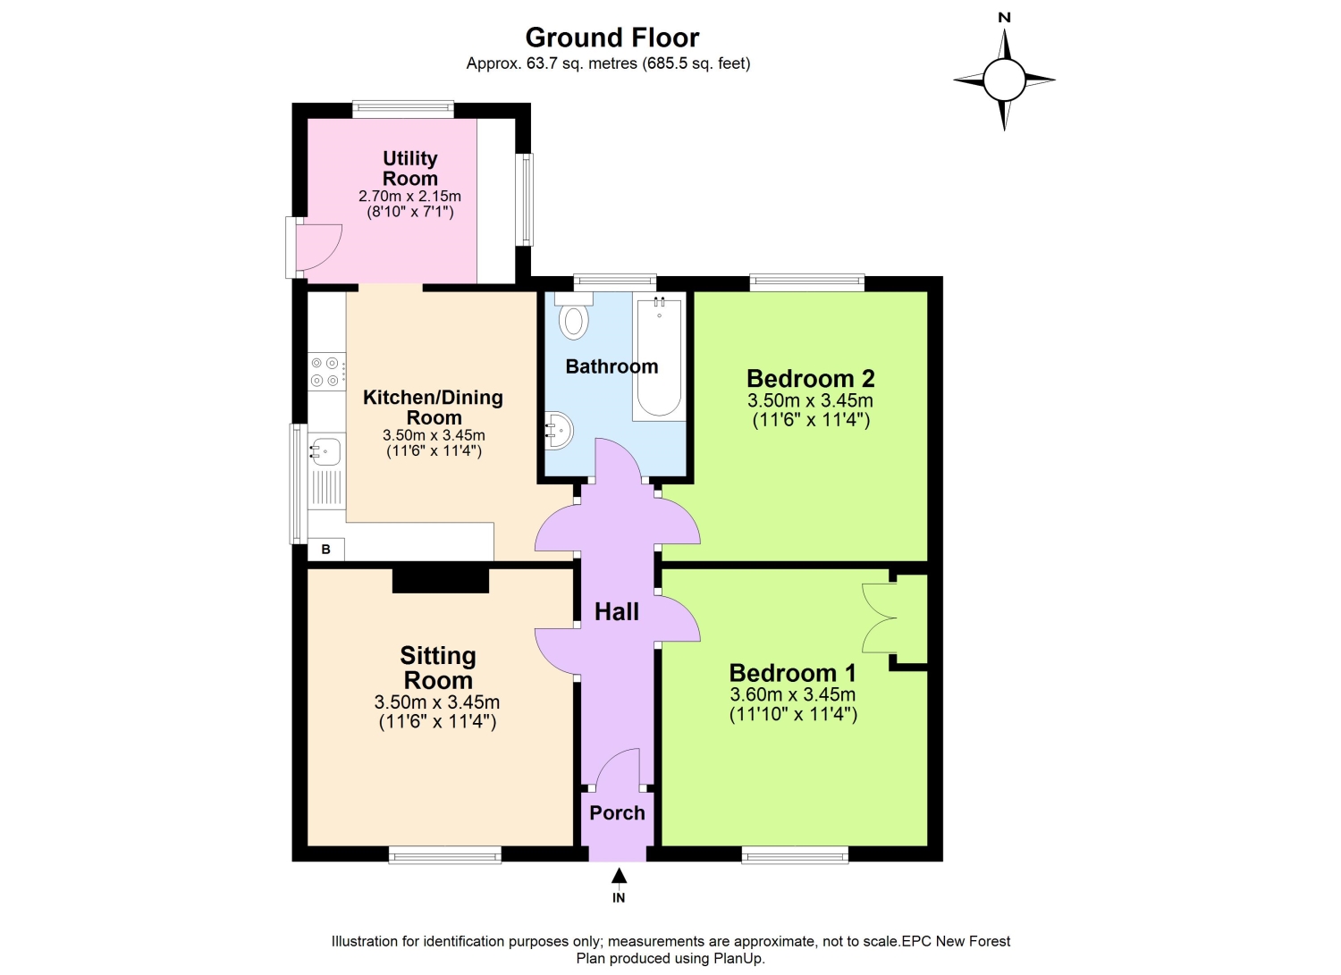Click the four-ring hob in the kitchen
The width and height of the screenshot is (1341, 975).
[327, 372]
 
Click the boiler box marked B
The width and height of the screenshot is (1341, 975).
[325, 550]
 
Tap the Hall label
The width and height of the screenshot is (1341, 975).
[617, 611]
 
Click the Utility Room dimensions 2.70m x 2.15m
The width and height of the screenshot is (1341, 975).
[409, 196]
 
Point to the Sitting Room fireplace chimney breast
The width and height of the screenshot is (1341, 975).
[441, 581]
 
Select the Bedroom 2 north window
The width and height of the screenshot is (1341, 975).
[807, 282]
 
